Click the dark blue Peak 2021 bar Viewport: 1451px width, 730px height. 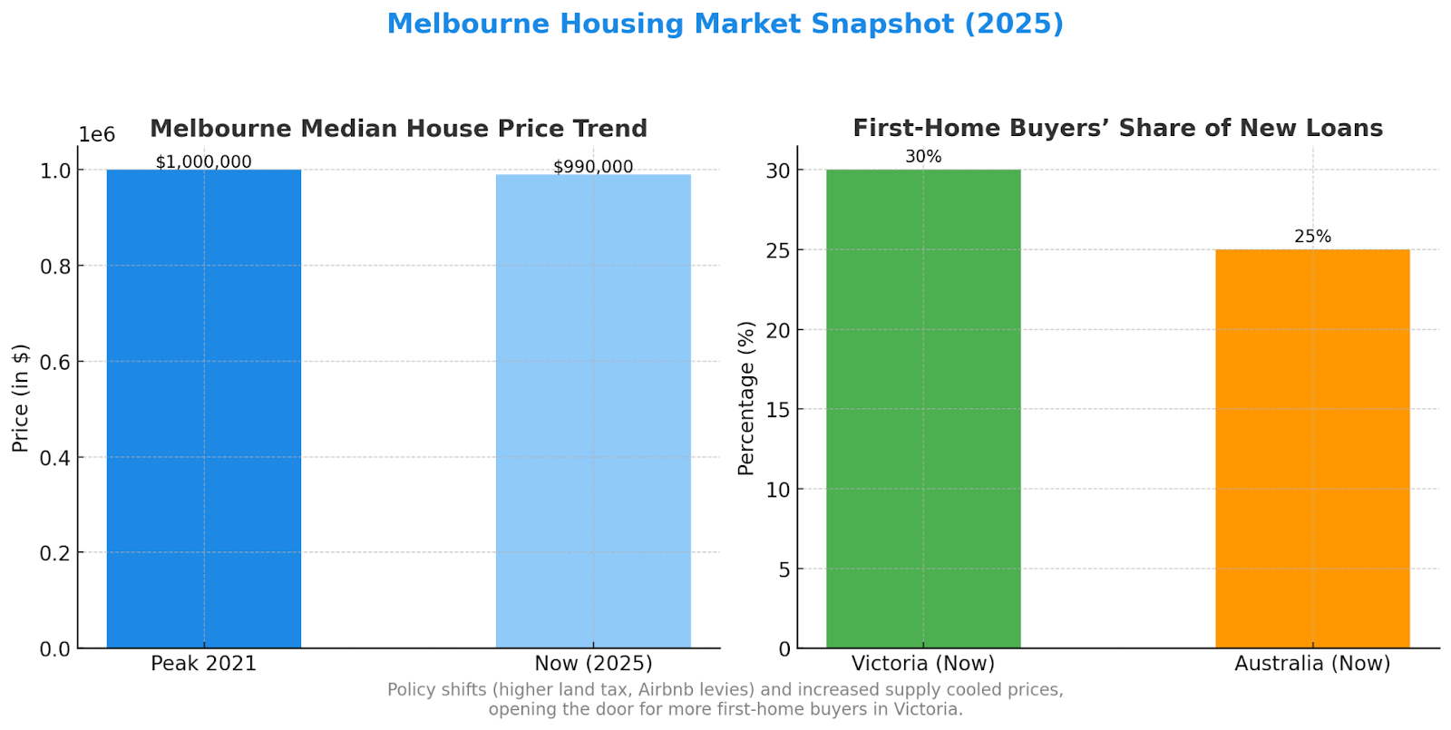click(x=204, y=408)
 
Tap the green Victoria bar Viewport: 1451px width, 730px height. click(x=923, y=408)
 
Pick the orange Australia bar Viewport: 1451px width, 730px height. click(x=1312, y=448)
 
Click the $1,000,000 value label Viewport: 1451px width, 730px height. click(x=204, y=162)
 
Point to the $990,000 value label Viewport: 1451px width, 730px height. click(x=593, y=167)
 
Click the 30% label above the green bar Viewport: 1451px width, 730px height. click(x=923, y=157)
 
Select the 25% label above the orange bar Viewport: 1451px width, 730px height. click(x=1312, y=237)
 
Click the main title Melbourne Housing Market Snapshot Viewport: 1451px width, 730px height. click(x=725, y=24)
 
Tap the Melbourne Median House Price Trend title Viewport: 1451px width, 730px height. click(x=398, y=129)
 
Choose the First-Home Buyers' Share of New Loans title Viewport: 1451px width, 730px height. click(x=1117, y=129)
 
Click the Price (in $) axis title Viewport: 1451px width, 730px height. click(x=20, y=397)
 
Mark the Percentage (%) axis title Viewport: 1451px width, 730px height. click(x=746, y=397)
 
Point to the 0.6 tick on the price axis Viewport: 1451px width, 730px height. click(x=55, y=362)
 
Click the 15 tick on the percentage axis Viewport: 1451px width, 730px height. click(x=778, y=410)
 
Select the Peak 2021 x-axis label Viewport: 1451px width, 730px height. click(x=204, y=664)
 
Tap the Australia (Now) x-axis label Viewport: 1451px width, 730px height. click(x=1312, y=664)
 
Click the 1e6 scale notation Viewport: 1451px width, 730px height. click(x=97, y=135)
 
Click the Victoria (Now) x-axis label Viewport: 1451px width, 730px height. click(x=923, y=664)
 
